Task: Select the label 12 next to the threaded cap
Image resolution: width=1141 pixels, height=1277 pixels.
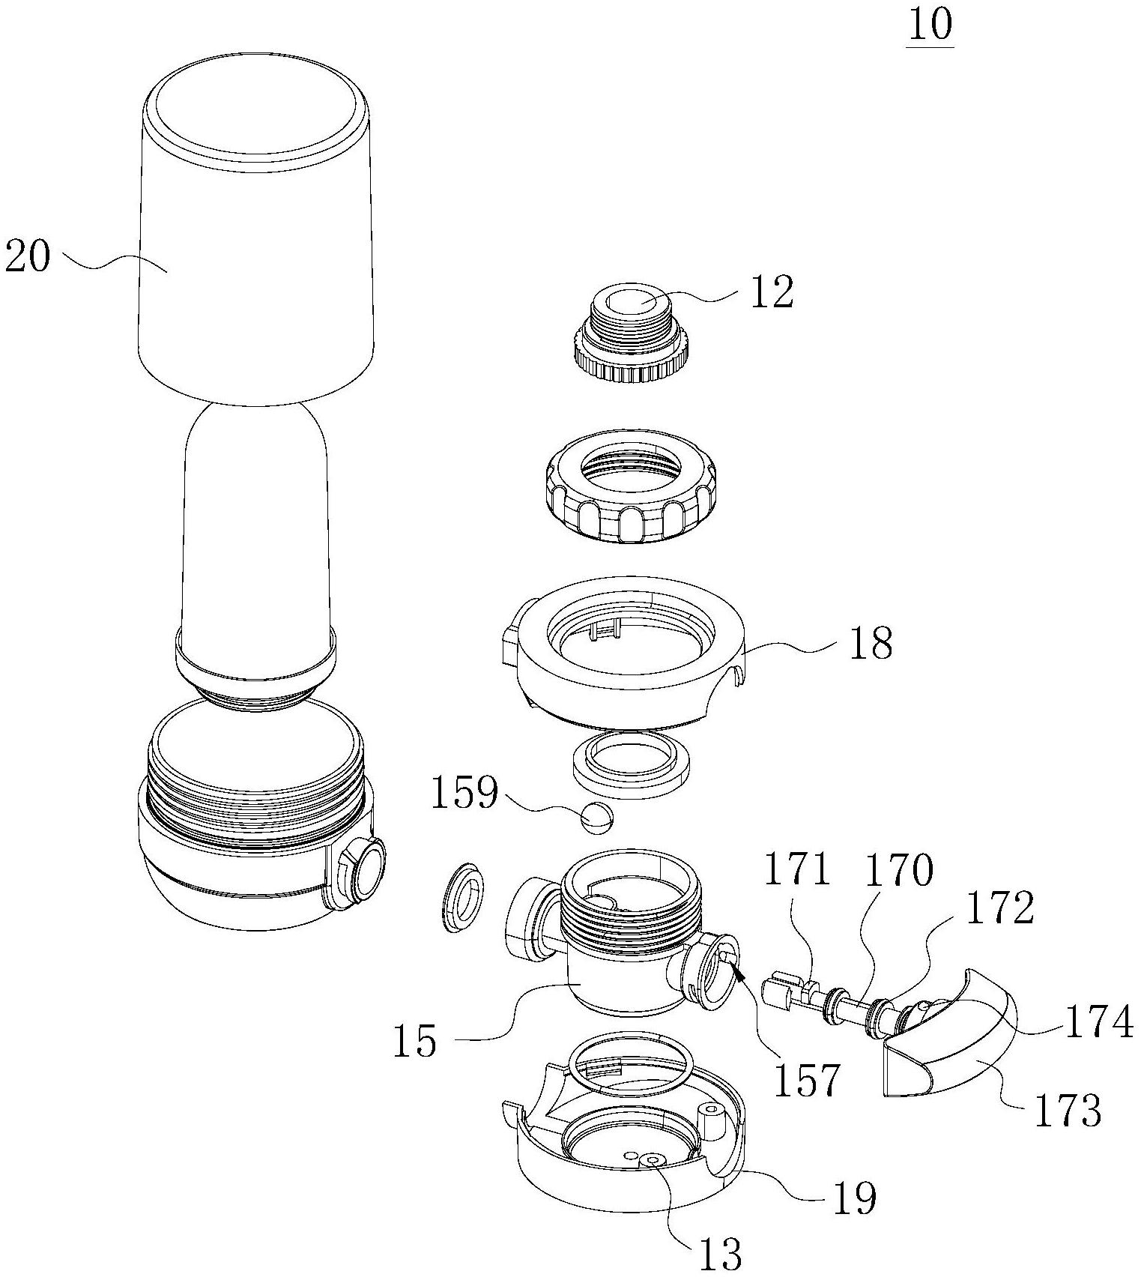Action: tap(771, 292)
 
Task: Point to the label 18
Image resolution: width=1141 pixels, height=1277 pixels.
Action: tap(871, 643)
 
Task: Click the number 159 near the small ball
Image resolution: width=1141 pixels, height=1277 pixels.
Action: tap(464, 792)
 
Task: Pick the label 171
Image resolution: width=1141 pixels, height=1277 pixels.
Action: tap(798, 871)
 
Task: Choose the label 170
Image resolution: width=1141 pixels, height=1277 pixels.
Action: tap(900, 871)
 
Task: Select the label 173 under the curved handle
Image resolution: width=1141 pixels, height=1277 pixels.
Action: tap(1068, 1110)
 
